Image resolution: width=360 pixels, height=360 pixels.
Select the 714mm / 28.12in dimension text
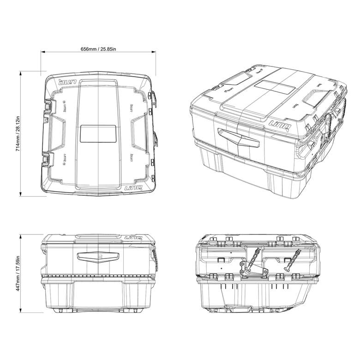18,134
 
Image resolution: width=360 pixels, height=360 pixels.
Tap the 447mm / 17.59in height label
18,273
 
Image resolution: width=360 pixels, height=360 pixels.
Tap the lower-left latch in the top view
48,159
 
